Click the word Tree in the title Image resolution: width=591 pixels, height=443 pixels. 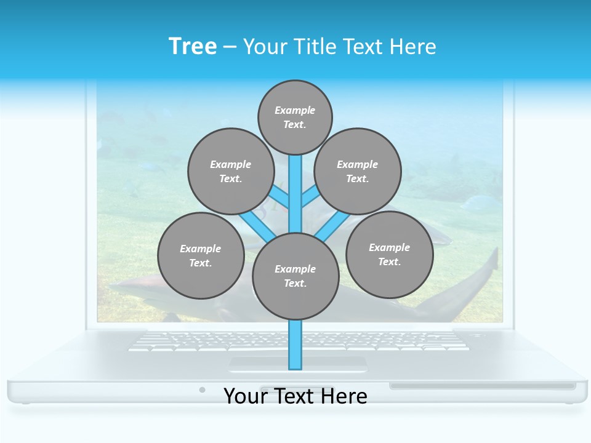click(x=193, y=46)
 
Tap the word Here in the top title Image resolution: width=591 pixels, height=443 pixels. click(x=413, y=46)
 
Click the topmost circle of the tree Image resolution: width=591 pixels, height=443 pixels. click(x=295, y=117)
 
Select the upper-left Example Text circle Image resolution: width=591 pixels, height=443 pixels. click(x=230, y=171)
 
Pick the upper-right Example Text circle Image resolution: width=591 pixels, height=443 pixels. click(x=357, y=171)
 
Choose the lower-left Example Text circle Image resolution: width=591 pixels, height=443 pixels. click(x=201, y=255)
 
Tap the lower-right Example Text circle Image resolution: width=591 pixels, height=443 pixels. click(x=389, y=254)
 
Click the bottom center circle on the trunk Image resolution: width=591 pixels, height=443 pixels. click(x=295, y=276)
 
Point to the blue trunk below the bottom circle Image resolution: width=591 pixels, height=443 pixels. click(x=295, y=345)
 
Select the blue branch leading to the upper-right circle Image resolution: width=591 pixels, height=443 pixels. click(x=310, y=198)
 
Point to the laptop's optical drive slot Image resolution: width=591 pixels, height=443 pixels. click(x=482, y=386)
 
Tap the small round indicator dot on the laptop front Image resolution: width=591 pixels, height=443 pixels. click(x=202, y=389)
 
